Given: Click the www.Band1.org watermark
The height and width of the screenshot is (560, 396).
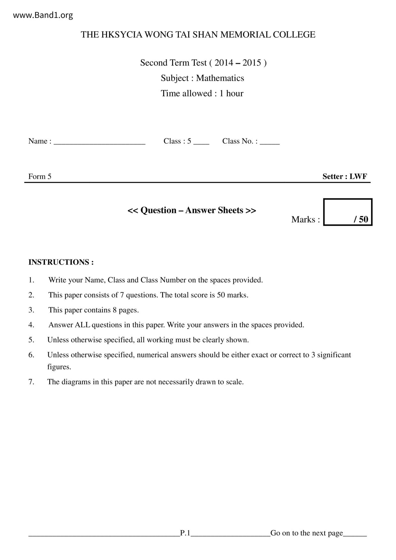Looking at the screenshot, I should click(43, 15).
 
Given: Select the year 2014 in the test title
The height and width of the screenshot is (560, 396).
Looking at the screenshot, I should click(224, 63).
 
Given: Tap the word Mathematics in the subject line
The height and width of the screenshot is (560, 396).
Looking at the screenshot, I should click(220, 78).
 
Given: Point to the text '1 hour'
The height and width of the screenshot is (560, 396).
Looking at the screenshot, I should click(231, 93).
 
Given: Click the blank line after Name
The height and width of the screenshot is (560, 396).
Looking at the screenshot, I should click(99, 142).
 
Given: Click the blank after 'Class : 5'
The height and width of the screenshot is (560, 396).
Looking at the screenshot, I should click(201, 142).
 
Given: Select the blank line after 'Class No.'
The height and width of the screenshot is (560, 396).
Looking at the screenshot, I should click(270, 142).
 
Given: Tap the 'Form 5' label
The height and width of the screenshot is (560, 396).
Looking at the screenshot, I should click(40, 177).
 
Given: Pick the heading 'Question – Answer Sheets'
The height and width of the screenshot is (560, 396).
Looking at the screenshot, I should click(192, 210).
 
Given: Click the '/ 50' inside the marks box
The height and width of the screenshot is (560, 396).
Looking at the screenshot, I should click(361, 219).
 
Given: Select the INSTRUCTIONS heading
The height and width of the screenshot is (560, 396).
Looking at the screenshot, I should click(61, 262).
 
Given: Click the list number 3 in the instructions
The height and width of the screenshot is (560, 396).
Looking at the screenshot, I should click(31, 310).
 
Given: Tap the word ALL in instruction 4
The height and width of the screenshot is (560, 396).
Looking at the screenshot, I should click(82, 325).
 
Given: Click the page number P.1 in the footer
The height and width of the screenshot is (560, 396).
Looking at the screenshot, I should click(185, 533).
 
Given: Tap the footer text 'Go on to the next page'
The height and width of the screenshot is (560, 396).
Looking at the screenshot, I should click(307, 533).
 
